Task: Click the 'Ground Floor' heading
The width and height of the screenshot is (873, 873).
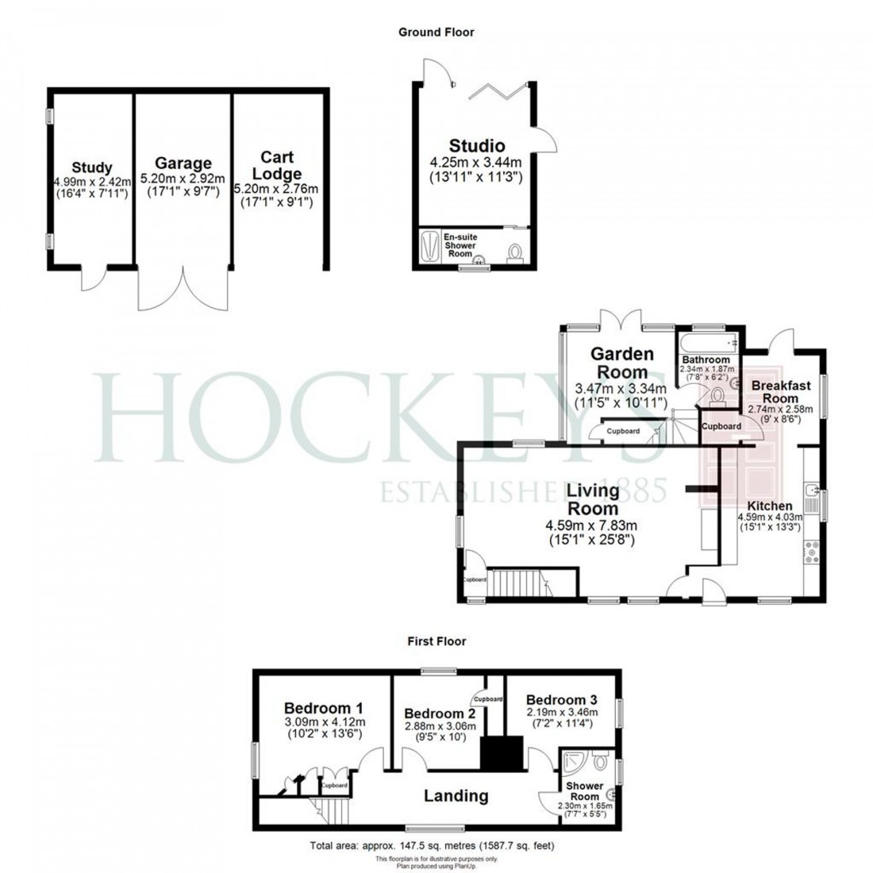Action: coord(436,33)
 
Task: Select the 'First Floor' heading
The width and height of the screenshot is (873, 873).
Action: coord(436,641)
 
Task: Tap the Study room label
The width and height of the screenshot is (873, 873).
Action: coord(92,167)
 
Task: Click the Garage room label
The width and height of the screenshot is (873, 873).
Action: coord(183,164)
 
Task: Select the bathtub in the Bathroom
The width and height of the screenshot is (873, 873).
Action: coord(707,342)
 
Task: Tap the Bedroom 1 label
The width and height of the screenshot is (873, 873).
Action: coord(324,708)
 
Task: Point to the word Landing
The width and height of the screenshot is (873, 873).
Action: coord(456,795)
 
